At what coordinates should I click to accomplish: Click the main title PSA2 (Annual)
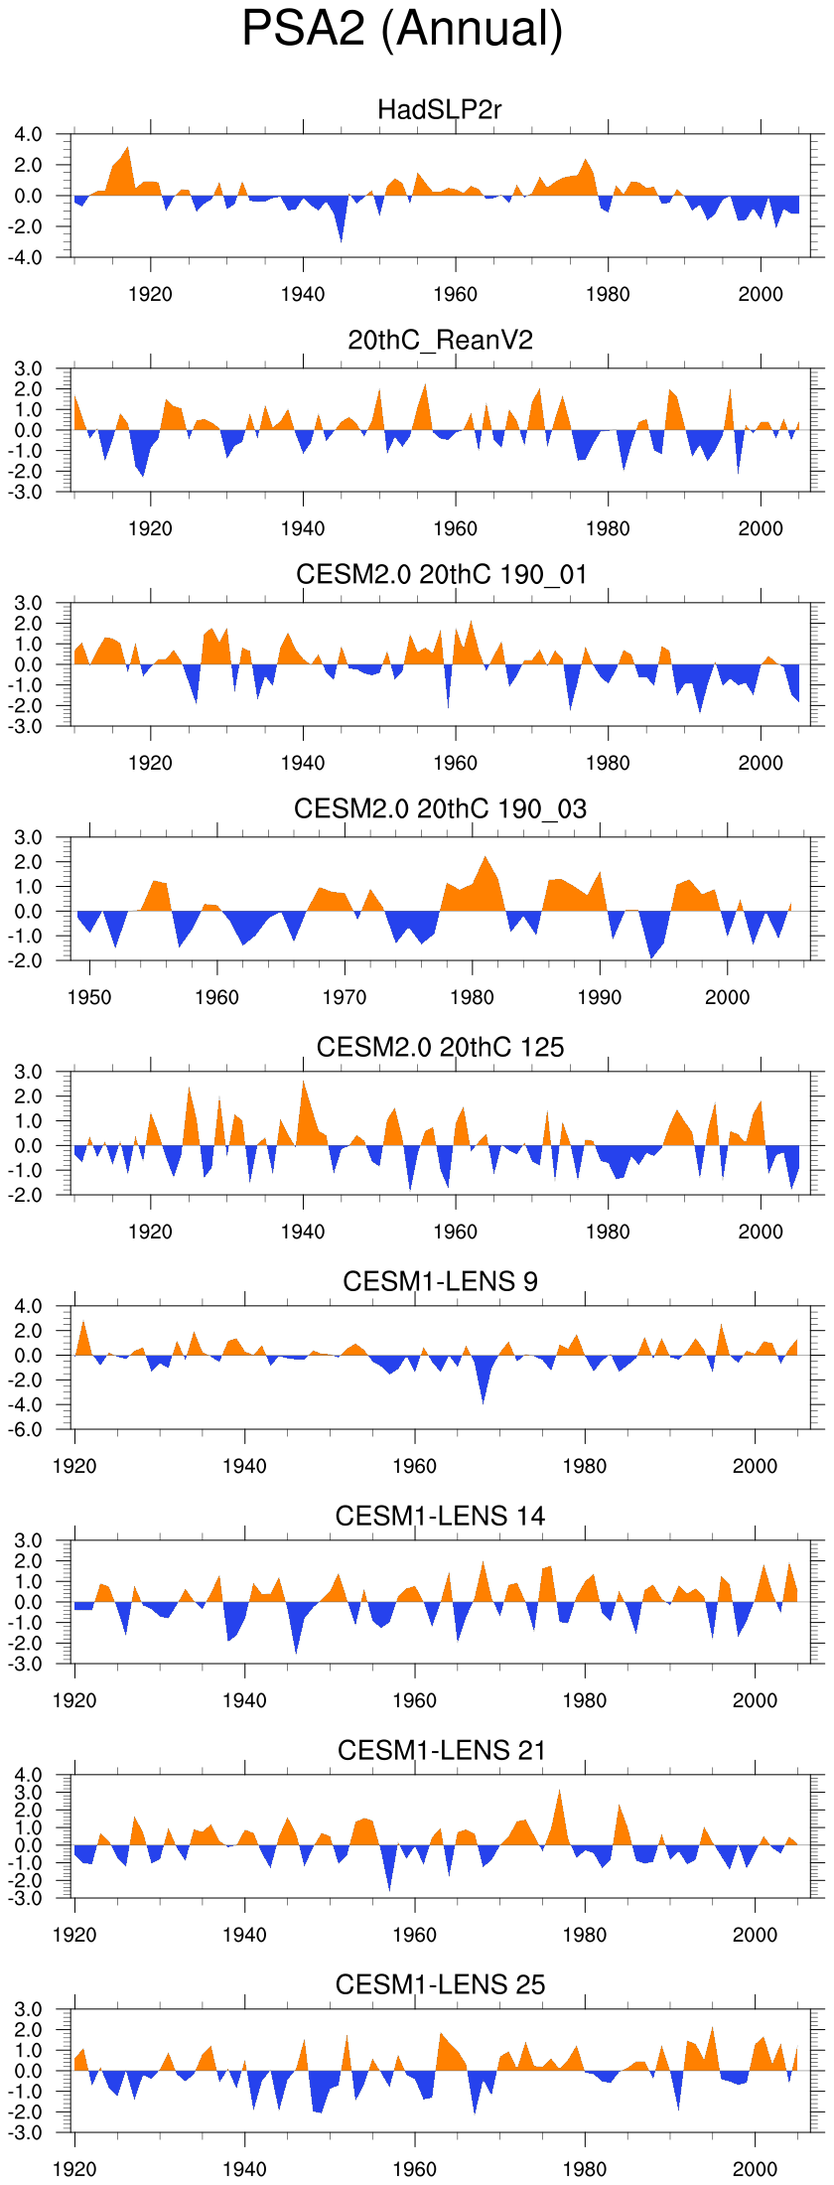coord(402,29)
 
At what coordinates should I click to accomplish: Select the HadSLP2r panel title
coord(440,109)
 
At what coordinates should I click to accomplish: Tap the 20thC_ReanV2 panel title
coord(440,341)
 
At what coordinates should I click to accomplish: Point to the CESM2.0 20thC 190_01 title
coord(440,575)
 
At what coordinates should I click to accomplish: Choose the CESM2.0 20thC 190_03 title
coord(440,809)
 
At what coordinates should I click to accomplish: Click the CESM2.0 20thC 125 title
coord(440,1047)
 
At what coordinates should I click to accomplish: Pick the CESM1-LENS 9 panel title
coord(440,1281)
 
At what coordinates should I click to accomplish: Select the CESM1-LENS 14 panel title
coord(440,1516)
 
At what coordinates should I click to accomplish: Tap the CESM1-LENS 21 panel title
coord(440,1750)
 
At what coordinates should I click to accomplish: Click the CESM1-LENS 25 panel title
coord(440,1984)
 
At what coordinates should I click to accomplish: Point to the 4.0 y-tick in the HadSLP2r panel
coord(29,134)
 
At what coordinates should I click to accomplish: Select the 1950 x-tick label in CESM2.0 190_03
coord(89,997)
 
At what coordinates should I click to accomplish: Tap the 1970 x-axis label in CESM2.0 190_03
coord(345,997)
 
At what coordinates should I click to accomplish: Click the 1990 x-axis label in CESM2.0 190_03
coord(600,997)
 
